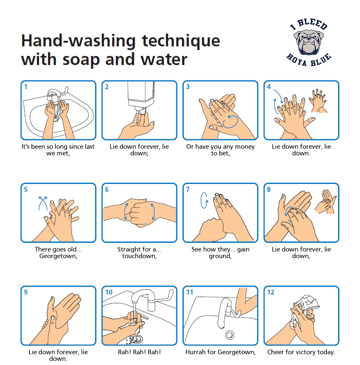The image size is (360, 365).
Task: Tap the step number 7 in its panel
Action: (x=188, y=190)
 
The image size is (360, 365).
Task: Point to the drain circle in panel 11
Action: (x=229, y=334)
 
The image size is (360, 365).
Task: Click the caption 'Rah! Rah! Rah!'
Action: (x=137, y=352)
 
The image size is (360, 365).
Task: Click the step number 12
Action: (x=271, y=292)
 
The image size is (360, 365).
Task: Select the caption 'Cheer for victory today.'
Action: (x=301, y=352)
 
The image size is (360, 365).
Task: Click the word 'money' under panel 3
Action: (x=245, y=147)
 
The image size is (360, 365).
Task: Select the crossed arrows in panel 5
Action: (x=42, y=203)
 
